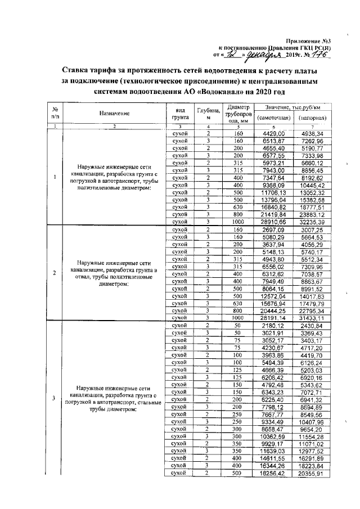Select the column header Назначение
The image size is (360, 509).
point(114,113)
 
